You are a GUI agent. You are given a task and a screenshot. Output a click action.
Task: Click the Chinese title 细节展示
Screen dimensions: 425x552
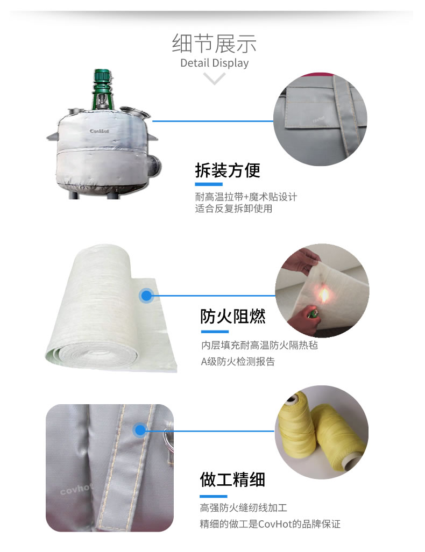point(214,44)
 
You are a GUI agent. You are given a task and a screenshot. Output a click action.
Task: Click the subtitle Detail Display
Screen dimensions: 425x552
point(214,63)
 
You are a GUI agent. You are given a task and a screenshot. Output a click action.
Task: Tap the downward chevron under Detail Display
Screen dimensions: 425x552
point(214,78)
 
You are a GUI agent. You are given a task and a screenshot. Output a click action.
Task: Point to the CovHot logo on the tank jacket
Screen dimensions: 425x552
point(99,131)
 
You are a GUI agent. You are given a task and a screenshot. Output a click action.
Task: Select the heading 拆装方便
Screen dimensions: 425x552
point(228,170)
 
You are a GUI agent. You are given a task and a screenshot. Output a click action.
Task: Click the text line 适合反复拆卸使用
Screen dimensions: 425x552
point(233,209)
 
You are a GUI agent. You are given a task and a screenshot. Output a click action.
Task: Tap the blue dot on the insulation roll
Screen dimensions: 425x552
point(146,296)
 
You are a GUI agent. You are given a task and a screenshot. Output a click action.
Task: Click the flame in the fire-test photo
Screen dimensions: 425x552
point(324,295)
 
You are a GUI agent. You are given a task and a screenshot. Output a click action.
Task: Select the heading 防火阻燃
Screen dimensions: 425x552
point(232,316)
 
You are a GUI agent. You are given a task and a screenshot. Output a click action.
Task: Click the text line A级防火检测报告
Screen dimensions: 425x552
point(238,361)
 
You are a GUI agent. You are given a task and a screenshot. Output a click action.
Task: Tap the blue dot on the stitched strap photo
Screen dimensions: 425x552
point(140,430)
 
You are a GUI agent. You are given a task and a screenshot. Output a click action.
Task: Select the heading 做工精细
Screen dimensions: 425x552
point(232,479)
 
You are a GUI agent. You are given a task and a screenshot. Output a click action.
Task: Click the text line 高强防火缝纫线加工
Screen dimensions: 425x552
point(244,507)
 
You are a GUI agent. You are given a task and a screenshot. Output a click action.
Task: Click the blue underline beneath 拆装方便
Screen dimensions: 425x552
point(209,184)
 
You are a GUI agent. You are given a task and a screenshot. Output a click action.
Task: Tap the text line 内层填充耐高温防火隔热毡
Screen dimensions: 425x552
point(259,345)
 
